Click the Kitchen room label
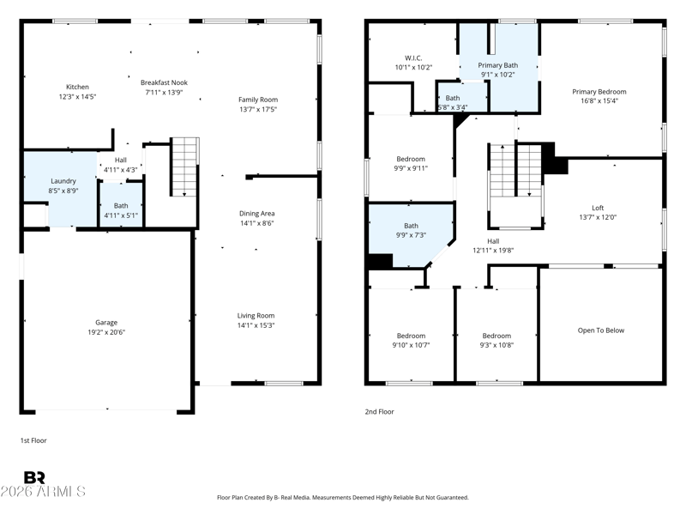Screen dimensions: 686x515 77,87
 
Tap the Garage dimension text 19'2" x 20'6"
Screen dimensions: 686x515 106,332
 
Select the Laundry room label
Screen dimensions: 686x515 63,181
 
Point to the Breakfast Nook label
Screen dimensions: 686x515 164,82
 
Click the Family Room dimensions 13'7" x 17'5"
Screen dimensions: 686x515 258,110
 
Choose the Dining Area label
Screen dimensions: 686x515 256,214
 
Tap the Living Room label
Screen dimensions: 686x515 256,316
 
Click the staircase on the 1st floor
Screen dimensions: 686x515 184,167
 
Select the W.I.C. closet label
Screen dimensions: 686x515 413,58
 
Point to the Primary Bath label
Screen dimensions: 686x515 498,65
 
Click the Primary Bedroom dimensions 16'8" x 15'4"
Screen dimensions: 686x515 599,100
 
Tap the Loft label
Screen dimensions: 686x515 598,208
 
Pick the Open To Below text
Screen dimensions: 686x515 601,330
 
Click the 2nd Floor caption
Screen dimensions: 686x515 379,412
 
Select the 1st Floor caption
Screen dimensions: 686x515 33,440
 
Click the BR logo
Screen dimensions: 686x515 34,477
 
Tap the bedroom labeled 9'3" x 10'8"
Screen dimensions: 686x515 496,340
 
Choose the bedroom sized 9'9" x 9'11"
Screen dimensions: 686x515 411,163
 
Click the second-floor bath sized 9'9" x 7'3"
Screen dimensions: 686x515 411,230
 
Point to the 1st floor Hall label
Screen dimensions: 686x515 121,161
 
